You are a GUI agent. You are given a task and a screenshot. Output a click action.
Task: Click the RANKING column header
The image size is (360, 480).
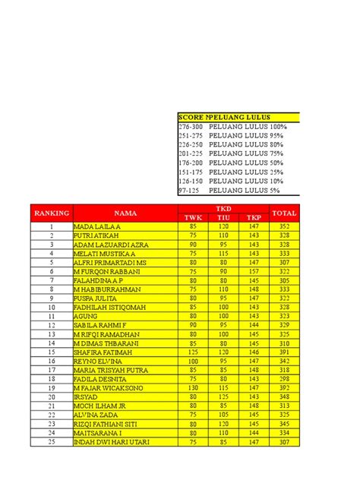point(51,213)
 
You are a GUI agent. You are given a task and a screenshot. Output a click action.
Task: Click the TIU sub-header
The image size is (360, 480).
point(224,218)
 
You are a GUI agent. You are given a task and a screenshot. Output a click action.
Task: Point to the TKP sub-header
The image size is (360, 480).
point(254,218)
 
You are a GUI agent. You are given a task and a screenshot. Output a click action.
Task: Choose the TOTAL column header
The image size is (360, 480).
point(284,213)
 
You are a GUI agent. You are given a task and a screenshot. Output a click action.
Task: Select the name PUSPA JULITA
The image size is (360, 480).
point(93,298)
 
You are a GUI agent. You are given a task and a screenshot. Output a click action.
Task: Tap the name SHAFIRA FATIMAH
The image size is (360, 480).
point(99,351)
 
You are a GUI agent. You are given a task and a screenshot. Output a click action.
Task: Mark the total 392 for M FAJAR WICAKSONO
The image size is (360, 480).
point(284,387)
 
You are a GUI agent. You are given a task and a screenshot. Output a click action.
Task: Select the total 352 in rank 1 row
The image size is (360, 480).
point(284,226)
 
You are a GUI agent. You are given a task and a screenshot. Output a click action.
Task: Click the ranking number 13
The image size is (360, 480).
point(51,333)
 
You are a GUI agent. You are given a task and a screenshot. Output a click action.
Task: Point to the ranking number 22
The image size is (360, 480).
point(51,414)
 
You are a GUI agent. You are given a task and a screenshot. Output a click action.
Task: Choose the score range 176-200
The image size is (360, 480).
point(190,163)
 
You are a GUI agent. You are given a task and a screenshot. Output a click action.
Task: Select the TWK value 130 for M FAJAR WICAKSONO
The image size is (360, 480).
point(194,387)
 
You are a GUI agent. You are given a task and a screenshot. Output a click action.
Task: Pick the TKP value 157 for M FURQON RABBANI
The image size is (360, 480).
point(254,271)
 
